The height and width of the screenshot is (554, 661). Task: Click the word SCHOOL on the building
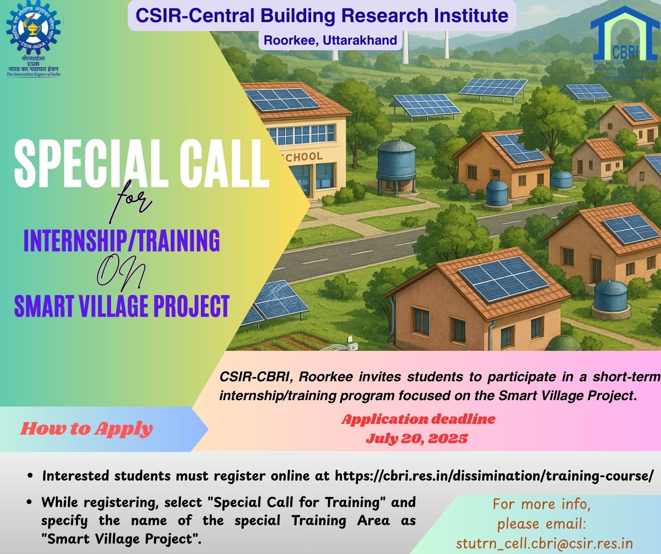[x=303, y=157]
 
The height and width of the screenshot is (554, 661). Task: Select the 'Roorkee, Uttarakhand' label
[x=330, y=41]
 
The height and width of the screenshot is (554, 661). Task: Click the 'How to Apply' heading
[x=87, y=429]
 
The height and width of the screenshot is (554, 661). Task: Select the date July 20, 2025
[x=417, y=438]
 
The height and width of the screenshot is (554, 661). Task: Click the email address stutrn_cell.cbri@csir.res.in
[x=544, y=543]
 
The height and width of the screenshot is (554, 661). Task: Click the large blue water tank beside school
[x=396, y=161]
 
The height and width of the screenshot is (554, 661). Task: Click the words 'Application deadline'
[x=418, y=419]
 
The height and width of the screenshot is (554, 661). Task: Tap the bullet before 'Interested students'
[x=30, y=476]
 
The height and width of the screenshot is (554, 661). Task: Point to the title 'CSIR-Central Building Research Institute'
[x=322, y=16]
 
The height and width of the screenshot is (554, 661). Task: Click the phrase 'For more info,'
[x=541, y=504]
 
